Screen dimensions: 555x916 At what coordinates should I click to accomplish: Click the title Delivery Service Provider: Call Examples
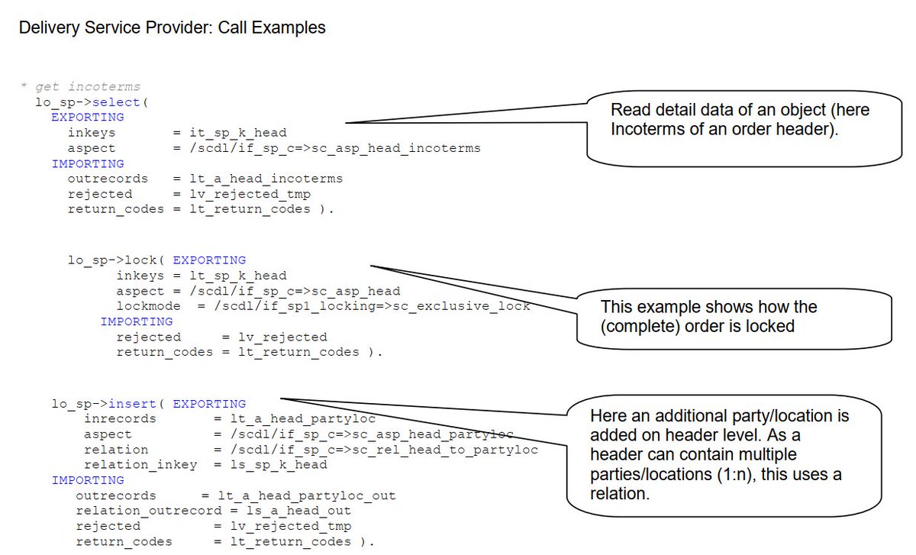(172, 28)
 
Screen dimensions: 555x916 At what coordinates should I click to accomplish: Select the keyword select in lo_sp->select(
(116, 102)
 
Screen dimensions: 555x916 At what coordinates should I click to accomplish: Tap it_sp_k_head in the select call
(238, 133)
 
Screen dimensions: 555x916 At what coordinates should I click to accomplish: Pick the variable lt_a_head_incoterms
(266, 179)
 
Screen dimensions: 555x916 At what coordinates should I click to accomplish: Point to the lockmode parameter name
(149, 306)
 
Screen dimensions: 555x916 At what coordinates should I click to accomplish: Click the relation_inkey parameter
(140, 465)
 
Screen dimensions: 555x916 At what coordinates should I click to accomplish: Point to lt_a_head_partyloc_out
(307, 495)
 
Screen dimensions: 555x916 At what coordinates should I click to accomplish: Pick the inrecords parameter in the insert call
(120, 419)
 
